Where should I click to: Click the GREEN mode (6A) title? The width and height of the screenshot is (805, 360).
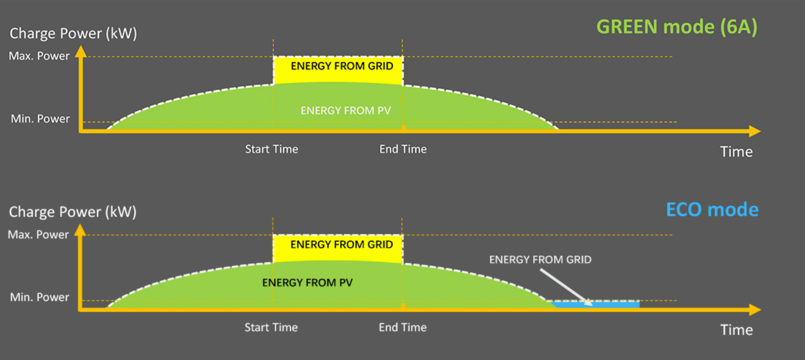(676, 27)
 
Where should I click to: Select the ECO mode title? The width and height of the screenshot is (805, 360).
(712, 210)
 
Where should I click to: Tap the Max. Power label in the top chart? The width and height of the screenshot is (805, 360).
(39, 56)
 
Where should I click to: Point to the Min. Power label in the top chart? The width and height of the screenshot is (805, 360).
(40, 119)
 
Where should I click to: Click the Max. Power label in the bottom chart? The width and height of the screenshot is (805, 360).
(38, 235)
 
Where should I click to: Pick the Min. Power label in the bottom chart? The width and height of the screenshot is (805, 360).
(39, 297)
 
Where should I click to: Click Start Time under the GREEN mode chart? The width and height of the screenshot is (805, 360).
(271, 149)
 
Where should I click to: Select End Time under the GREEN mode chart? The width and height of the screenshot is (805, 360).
(402, 149)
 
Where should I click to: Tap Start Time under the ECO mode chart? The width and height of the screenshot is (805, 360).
(271, 327)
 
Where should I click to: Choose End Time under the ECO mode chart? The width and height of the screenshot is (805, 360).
(402, 327)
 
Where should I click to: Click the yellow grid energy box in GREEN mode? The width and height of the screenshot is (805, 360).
(338, 70)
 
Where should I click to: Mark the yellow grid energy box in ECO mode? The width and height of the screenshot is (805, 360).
(338, 248)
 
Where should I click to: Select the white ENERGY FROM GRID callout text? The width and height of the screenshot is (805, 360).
(540, 260)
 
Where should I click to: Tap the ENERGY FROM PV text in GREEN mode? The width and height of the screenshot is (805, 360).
(345, 111)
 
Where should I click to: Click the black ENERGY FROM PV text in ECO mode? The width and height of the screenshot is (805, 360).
(307, 283)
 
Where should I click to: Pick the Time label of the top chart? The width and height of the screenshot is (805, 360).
(736, 152)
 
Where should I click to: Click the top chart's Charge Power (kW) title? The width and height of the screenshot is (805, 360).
(73, 34)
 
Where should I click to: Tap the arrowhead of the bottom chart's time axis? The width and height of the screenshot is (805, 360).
(755, 310)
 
